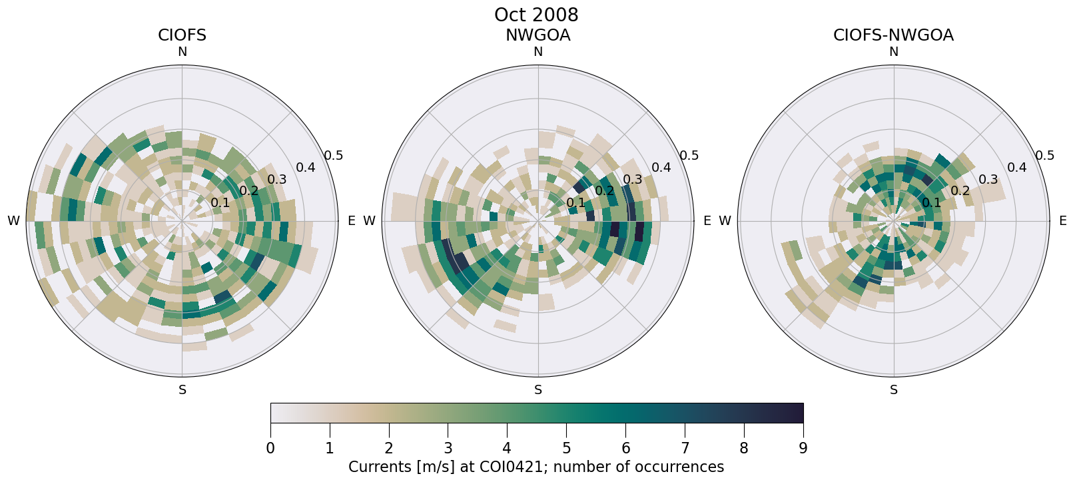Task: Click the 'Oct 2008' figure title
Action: tap(536, 15)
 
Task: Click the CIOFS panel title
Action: tap(182, 35)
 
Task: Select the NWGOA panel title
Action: tap(537, 35)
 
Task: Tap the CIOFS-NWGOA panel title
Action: tap(893, 35)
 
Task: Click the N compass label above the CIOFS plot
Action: tap(182, 52)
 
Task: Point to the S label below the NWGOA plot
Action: tap(538, 390)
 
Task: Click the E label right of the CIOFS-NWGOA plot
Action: tap(1062, 221)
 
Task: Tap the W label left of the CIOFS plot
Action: tap(13, 221)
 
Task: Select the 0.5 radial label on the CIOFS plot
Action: tap(334, 156)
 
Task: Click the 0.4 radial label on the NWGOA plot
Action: tap(661, 168)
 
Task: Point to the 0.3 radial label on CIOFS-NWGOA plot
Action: tap(988, 180)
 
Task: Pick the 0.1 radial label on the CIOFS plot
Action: tap(220, 203)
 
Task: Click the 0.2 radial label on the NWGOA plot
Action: tap(605, 191)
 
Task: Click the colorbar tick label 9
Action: tap(803, 449)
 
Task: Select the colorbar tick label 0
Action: tap(270, 449)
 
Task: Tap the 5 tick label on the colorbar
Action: tap(566, 449)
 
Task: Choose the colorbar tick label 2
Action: tap(389, 449)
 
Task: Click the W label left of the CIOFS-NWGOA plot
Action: tap(725, 221)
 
